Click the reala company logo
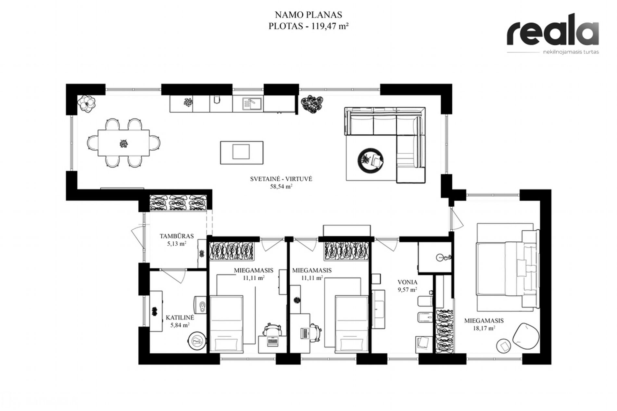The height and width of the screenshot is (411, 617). pos(553,33)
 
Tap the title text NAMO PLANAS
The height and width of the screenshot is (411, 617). pos(308,15)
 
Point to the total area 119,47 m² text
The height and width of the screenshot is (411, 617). pos(330,26)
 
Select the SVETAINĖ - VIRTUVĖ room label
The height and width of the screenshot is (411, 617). pos(281,179)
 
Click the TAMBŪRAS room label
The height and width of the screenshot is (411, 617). pos(177,236)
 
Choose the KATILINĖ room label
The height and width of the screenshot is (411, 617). pos(180,318)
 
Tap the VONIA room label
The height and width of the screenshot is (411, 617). pos(408,282)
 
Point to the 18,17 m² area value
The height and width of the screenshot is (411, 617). pos(484,328)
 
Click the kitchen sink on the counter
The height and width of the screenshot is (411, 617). pos(252,103)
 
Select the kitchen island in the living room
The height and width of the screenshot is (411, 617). pos(242,152)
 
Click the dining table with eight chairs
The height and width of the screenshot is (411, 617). pos(124,143)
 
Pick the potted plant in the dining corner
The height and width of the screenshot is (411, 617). pos(86,104)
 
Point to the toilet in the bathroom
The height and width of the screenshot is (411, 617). pos(425,300)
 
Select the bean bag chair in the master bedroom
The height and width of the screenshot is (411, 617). pos(525,337)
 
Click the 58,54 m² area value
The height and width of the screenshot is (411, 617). pos(281,186)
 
